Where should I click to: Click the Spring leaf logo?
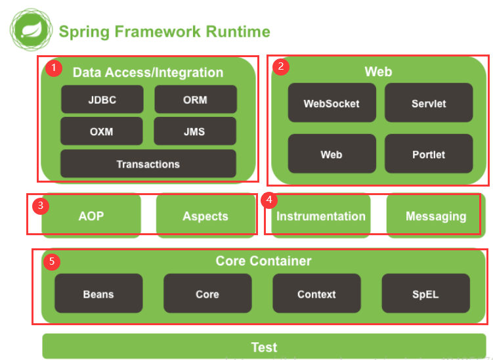31,30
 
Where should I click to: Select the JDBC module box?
102,99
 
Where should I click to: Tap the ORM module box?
196,99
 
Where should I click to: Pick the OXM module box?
102,131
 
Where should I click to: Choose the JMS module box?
195,131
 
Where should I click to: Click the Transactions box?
148,164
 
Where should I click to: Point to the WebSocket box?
332,102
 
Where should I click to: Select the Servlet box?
429,102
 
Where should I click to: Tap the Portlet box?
429,154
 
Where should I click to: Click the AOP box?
91,216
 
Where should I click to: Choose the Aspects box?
205,216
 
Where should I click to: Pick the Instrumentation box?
321,216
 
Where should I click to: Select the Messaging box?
436,216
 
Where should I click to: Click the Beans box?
98,293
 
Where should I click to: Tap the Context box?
316,293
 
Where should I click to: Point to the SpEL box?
426,293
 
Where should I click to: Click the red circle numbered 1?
54,68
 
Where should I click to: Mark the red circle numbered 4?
269,200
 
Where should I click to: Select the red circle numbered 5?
52,261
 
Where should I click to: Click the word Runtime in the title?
238,32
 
